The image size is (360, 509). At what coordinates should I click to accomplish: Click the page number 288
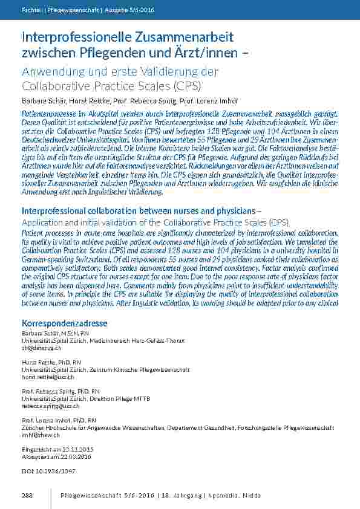(x=27, y=495)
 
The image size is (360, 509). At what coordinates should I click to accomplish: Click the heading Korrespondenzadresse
(x=61, y=324)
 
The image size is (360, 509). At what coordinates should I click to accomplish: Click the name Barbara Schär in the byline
(x=41, y=100)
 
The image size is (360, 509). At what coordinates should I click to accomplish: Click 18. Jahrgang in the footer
(x=181, y=495)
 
